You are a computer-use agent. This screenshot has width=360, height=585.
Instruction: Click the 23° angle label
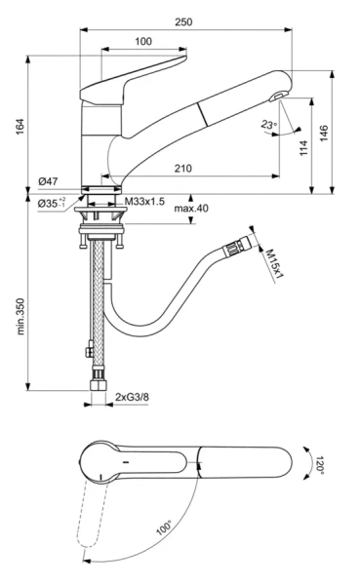tap(269, 124)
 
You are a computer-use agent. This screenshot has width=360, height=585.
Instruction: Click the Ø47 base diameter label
tap(49, 181)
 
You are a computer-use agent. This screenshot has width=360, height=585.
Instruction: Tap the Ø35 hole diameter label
tap(51, 203)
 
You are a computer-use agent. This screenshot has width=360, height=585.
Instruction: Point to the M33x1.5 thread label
tap(144, 202)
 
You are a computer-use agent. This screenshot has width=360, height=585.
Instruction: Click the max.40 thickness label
tap(191, 209)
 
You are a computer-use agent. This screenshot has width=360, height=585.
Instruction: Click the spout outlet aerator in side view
tap(276, 96)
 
